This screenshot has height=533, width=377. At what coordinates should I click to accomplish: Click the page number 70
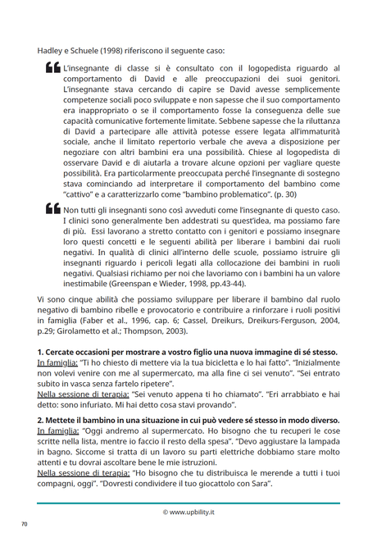(24, 523)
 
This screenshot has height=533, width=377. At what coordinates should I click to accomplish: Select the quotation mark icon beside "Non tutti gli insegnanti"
(52, 212)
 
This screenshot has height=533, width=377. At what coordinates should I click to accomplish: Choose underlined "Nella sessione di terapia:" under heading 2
(82, 472)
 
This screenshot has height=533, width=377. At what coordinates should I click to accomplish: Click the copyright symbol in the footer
(166, 512)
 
